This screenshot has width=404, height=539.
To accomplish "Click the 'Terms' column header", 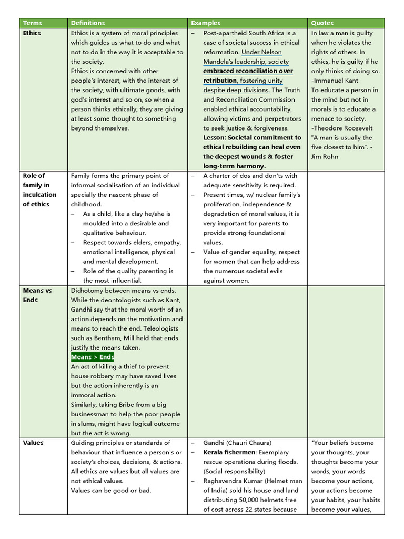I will [33, 23].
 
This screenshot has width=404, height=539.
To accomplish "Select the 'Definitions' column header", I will [88, 23].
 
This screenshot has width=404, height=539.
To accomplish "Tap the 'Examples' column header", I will [206, 23].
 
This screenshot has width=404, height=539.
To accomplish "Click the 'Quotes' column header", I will [322, 23].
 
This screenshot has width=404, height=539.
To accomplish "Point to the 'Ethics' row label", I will [32, 33].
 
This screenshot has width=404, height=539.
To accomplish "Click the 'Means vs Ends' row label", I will [37, 295].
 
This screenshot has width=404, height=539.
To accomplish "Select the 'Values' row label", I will [33, 443].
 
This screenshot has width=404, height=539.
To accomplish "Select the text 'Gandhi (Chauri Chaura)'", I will [237, 443].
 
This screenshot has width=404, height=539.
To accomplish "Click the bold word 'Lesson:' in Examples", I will [215, 137].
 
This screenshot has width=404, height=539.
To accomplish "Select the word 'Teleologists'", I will [163, 328].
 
